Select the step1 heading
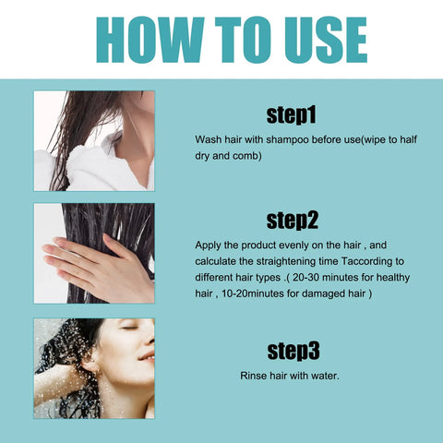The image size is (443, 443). [x=292, y=115]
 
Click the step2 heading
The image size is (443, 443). [x=292, y=221]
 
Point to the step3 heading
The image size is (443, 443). [x=292, y=351]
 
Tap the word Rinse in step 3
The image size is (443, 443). [x=255, y=377]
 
